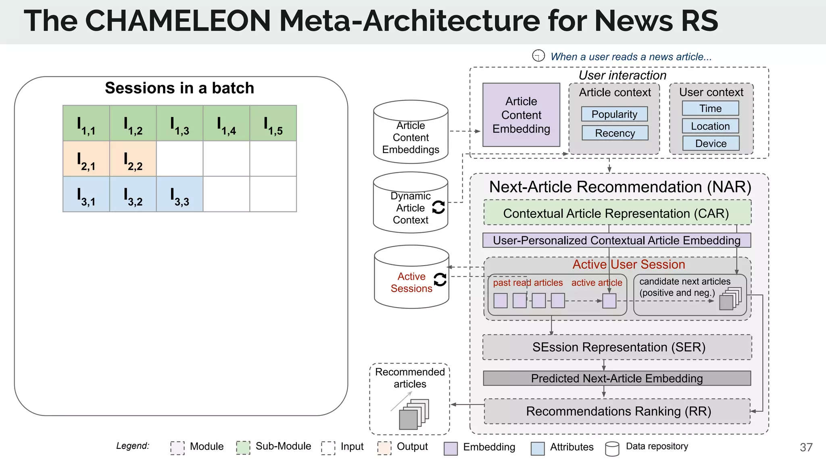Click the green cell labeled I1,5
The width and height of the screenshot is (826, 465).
273,123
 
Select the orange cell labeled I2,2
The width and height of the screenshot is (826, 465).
133,159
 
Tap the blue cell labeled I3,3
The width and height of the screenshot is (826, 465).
179,194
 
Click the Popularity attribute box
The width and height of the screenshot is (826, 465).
614,114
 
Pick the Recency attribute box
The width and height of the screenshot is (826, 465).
615,133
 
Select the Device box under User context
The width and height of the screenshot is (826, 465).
711,143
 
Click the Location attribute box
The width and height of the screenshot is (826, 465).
710,126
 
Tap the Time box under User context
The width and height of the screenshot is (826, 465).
710,108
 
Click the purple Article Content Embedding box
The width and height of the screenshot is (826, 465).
521,115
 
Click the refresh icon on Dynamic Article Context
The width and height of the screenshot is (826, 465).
438,207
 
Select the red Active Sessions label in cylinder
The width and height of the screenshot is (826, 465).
411,282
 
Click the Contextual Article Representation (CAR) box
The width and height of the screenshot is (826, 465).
617,213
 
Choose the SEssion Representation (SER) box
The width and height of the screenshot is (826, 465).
617,347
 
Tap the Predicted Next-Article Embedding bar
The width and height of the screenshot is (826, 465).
617,378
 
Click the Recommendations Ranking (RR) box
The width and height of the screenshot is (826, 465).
617,411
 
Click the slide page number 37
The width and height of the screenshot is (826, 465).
806,447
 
